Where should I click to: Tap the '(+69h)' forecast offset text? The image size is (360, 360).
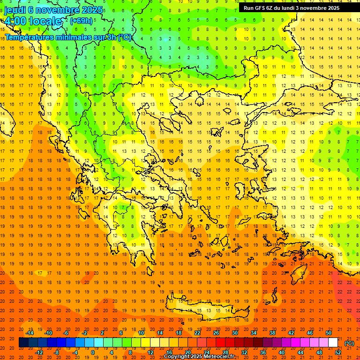(x=81, y=21)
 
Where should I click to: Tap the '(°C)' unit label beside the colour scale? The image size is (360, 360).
(x=349, y=343)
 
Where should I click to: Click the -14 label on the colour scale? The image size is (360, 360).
(x=30, y=333)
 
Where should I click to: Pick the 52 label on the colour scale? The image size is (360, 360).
(x=338, y=352)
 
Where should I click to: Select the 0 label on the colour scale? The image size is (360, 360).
(x=92, y=352)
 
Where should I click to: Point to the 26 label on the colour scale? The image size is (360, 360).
(x=216, y=333)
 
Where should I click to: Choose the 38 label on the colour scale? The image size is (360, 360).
(x=272, y=333)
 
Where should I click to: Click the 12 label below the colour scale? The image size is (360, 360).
(x=150, y=352)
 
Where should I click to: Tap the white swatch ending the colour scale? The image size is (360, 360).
(x=333, y=343)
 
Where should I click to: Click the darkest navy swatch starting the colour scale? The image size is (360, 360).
(x=23, y=343)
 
